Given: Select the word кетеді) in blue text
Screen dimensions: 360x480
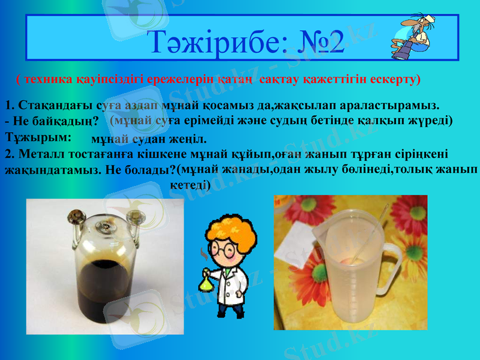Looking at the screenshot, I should (190, 185).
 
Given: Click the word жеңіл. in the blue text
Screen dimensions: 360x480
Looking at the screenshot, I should (189, 140).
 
